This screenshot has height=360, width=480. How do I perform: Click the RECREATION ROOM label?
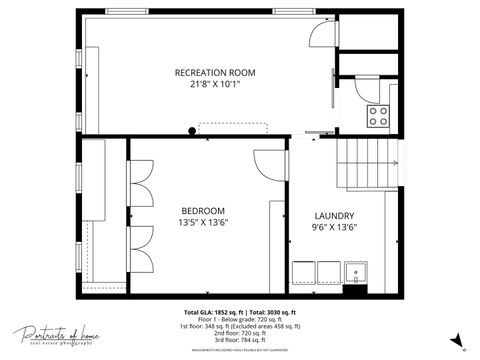click(x=215, y=73)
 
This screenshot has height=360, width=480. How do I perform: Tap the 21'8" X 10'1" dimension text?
click(x=215, y=84)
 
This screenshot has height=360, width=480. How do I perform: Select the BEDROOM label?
click(x=203, y=210)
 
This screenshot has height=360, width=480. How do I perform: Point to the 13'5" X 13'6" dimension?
click(x=203, y=222)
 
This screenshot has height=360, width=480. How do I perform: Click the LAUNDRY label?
click(x=334, y=216)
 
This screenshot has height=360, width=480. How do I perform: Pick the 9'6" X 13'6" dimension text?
click(x=334, y=228)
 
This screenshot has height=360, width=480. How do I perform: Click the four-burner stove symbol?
click(x=378, y=115)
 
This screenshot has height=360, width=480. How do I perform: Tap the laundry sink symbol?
click(x=356, y=272)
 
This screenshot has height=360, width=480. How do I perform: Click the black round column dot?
click(x=192, y=130)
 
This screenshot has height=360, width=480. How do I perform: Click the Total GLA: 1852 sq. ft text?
click(x=213, y=311)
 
